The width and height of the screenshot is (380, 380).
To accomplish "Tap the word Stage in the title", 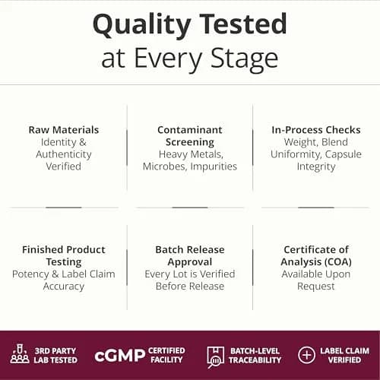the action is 245,59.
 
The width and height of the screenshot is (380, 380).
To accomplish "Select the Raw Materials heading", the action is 64,130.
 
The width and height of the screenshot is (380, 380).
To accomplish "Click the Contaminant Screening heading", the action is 190,136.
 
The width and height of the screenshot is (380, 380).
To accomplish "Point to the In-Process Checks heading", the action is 316,130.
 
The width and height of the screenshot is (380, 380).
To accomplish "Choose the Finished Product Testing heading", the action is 64,256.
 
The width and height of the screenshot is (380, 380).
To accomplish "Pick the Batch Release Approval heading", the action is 190,256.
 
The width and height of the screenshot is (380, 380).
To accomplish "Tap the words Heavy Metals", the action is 191,154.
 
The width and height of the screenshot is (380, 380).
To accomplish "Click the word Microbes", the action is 164,166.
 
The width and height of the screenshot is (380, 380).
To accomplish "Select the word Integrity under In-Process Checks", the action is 316,167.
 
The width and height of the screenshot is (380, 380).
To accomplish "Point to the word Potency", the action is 30,274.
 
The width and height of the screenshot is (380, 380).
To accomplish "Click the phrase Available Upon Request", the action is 316,280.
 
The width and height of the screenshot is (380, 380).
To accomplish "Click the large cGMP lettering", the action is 120,356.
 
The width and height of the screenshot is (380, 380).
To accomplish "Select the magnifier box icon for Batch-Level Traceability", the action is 215,357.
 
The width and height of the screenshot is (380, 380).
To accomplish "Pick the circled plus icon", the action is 306,355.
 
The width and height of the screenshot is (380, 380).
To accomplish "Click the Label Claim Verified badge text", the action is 344,355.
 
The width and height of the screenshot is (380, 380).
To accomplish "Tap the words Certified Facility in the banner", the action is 166,355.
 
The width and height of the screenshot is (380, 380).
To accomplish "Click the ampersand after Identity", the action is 83,142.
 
